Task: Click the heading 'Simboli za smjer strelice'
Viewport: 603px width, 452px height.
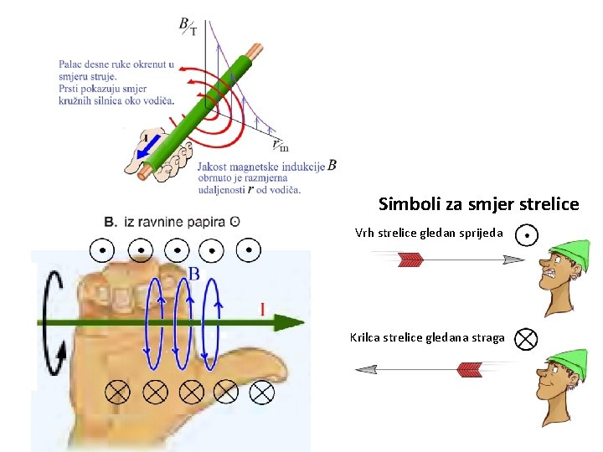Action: [478, 204]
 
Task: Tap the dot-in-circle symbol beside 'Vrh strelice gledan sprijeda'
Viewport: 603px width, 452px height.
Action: [526, 235]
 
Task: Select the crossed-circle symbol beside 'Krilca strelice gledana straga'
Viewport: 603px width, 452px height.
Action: [525, 338]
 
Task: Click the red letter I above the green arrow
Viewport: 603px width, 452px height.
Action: [263, 310]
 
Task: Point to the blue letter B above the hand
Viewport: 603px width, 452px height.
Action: [193, 274]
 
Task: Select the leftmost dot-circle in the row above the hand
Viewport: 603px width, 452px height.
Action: [102, 249]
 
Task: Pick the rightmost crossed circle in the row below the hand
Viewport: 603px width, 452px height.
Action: [262, 390]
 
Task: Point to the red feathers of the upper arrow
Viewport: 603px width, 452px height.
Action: [410, 260]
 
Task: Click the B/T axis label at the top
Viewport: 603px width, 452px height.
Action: [188, 26]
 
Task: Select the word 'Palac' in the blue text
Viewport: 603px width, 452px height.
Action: [70, 64]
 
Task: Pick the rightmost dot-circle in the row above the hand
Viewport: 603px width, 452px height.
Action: [249, 249]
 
